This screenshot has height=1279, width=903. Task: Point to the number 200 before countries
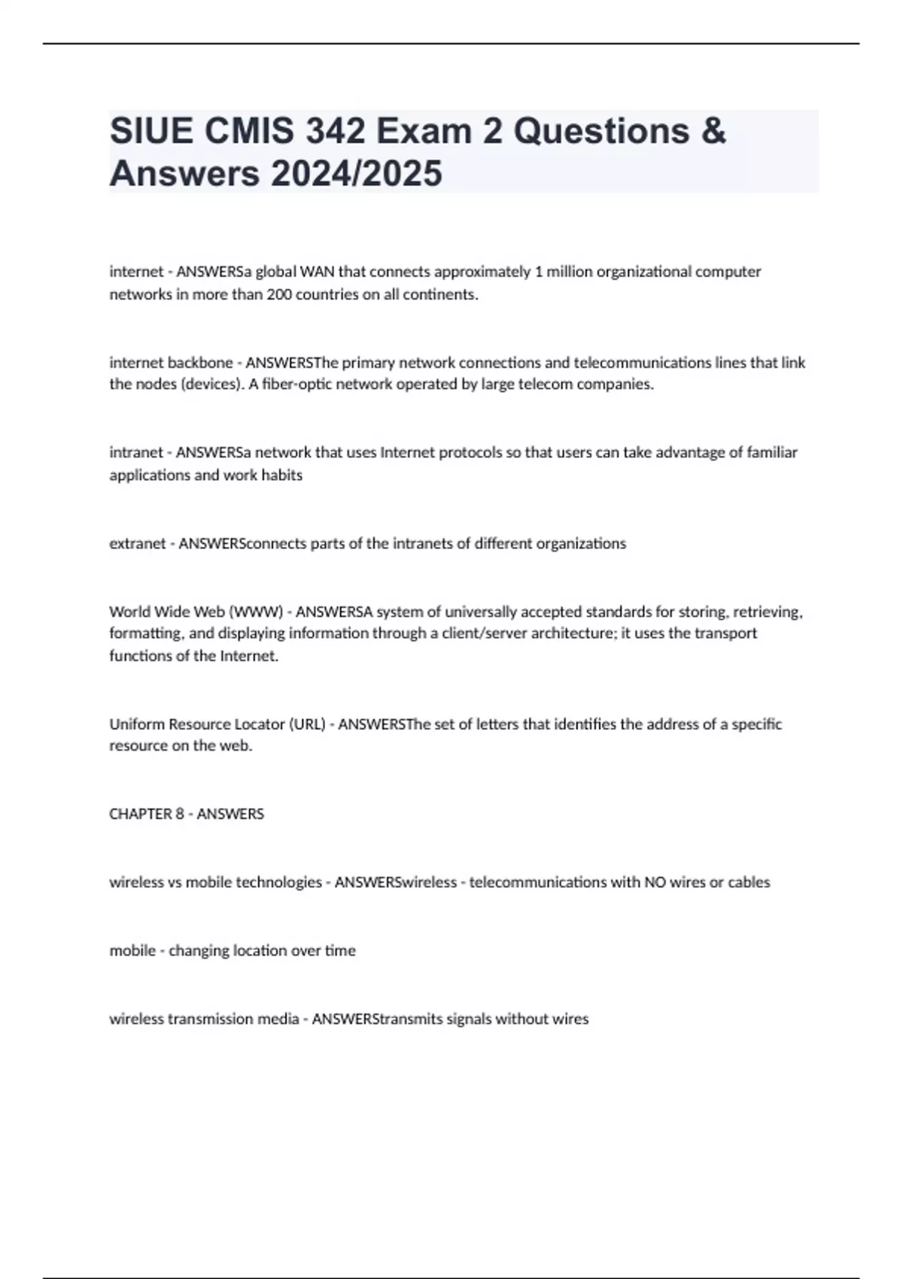point(279,294)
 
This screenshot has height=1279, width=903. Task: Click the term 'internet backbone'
point(171,363)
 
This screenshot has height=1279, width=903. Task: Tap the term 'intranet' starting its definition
point(136,453)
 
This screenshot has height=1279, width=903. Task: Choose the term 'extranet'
point(137,543)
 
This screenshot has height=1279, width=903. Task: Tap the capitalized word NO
point(654,883)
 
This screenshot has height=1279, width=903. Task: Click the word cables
point(749,883)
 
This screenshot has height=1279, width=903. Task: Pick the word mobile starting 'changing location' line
point(132,951)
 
